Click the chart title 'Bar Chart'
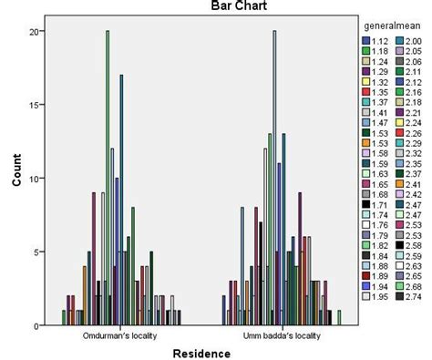190,8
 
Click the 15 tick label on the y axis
35,105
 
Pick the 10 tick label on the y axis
35,179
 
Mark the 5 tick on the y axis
37,252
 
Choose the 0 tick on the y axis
37,325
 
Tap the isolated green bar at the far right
339,318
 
